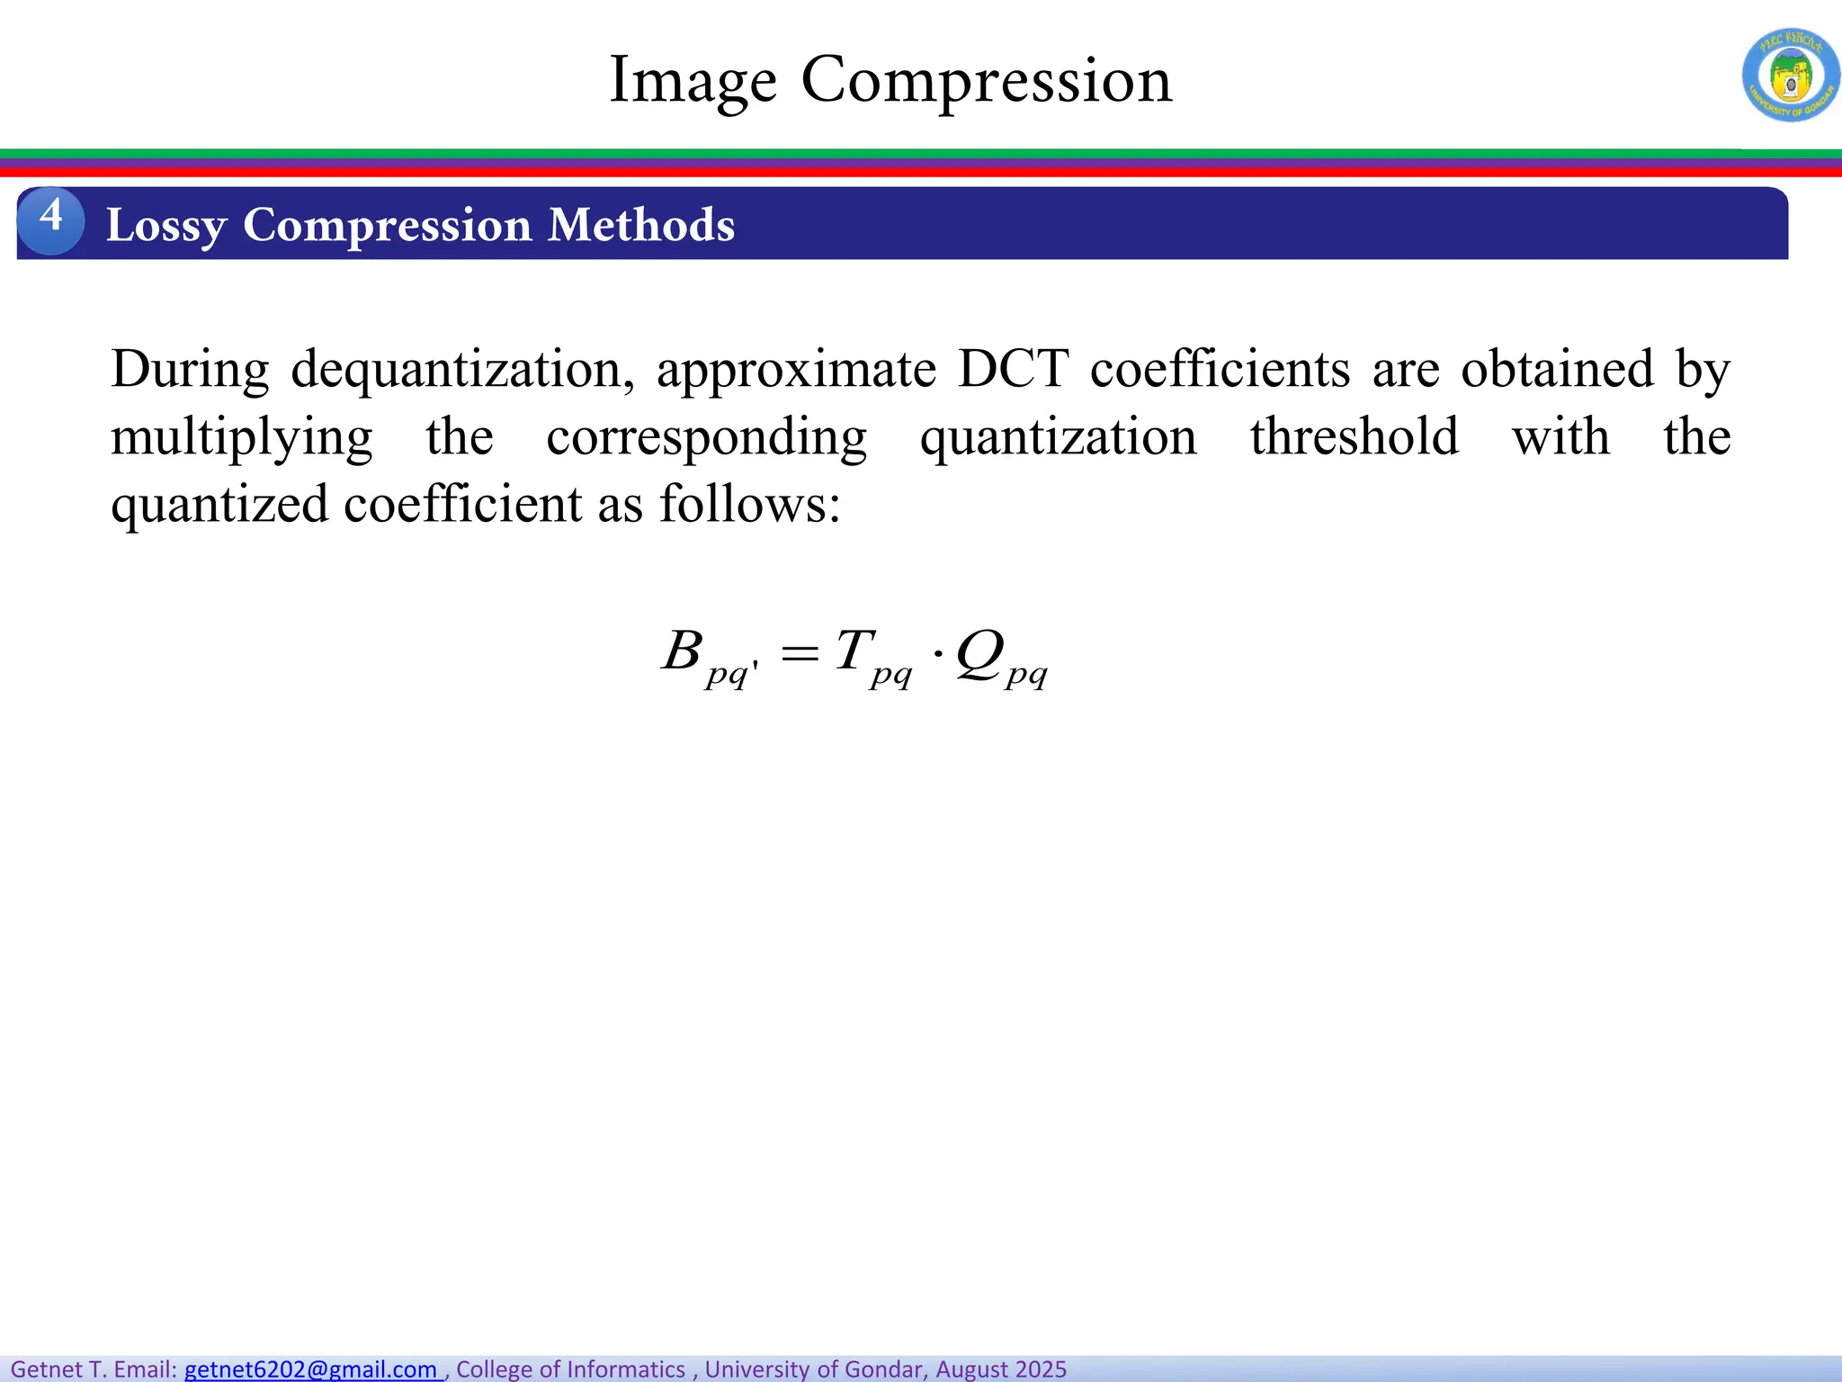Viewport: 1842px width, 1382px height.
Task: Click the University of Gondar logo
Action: coord(1790,75)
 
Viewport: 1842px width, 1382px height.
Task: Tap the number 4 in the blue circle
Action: coord(51,217)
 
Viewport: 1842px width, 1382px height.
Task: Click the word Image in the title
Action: coord(693,81)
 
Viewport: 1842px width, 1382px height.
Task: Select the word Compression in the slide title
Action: coord(987,81)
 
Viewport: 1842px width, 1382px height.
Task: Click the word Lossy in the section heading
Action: coord(165,225)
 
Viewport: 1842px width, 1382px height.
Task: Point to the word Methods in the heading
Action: coord(641,224)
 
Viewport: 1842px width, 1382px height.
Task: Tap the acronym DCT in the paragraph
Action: coord(1013,369)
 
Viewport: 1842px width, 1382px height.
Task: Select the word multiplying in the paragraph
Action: coord(241,437)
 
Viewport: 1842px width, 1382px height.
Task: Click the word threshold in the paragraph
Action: coord(1355,437)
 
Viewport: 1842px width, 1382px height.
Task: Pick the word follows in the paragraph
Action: coord(743,504)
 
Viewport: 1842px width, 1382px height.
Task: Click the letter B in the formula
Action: coord(682,651)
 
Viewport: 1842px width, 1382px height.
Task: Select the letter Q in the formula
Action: coord(979,652)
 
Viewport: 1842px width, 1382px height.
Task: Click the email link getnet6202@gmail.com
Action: coord(311,1369)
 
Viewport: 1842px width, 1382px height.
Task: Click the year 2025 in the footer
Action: coord(1037,1369)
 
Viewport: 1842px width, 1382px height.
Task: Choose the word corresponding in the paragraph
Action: coord(706,437)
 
